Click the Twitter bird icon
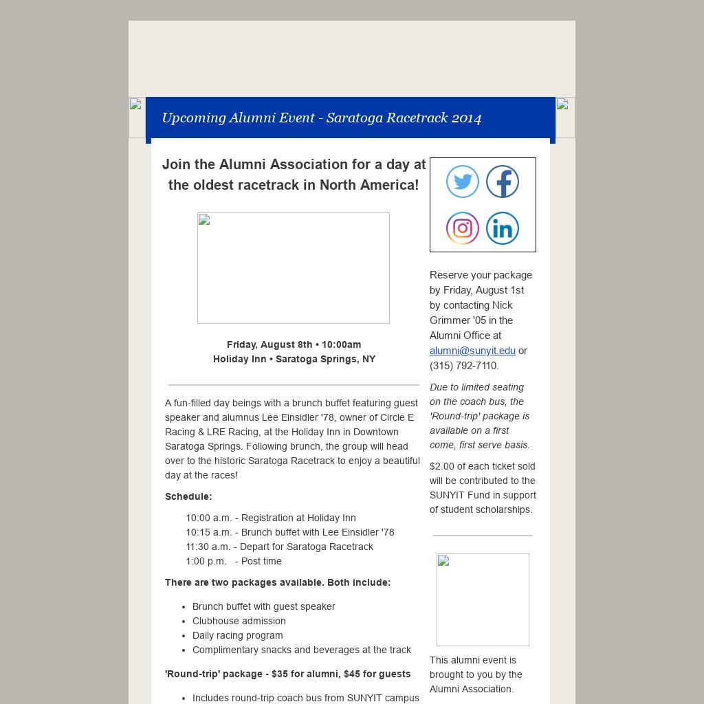click(x=463, y=182)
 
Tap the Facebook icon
click(x=503, y=182)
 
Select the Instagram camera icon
click(x=463, y=228)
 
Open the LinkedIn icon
click(x=503, y=228)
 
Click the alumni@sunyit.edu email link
click(x=472, y=351)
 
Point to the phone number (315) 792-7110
click(x=464, y=366)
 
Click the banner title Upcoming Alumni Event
click(x=321, y=118)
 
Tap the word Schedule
click(x=188, y=496)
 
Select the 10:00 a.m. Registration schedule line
click(x=271, y=518)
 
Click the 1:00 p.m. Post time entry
click(x=234, y=561)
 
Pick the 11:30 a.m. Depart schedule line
click(x=279, y=547)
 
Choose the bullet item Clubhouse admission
click(x=239, y=621)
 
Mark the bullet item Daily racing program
click(x=237, y=635)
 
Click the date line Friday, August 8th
click(x=294, y=344)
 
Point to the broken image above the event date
click(x=294, y=268)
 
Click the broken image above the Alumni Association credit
click(x=483, y=599)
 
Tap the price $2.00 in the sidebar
click(x=442, y=466)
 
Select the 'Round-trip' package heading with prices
click(x=287, y=674)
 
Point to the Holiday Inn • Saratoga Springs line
click(x=294, y=359)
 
